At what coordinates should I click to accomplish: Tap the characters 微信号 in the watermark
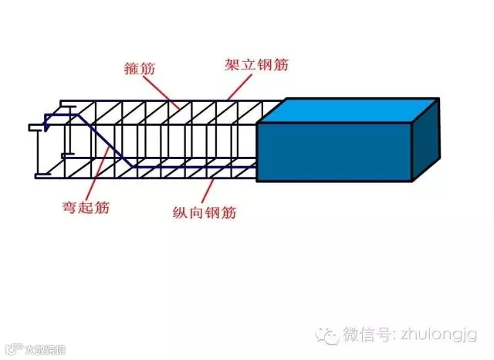click(x=370, y=335)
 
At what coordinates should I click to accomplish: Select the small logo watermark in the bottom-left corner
click(x=23, y=351)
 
